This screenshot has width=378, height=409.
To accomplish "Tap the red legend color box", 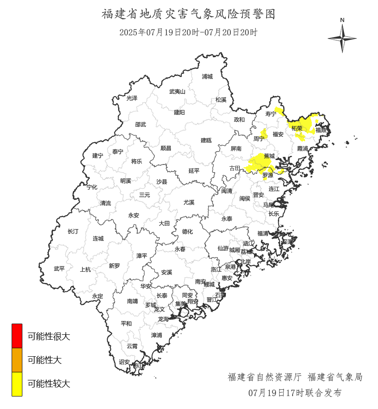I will [17, 336].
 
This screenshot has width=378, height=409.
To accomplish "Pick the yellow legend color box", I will [17, 384].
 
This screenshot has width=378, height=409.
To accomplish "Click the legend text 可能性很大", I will [49, 336].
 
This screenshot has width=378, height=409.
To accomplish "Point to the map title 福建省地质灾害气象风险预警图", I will [188, 14].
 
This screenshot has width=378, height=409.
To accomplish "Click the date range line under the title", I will [188, 32].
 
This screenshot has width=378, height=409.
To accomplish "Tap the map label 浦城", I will [207, 76].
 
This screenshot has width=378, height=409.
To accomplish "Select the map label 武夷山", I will [177, 91].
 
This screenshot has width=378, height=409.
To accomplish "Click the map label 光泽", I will [132, 98].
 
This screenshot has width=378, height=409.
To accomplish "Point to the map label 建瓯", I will [206, 140].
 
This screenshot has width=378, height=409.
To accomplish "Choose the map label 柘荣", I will [297, 128].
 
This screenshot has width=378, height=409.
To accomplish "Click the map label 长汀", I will [72, 232].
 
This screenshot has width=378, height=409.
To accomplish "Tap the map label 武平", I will [59, 269].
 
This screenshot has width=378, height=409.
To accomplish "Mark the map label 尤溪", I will [189, 202].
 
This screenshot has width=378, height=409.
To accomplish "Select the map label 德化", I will [187, 232].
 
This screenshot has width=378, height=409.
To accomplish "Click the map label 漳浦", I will [157, 335].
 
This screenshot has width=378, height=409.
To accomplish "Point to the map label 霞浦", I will [302, 148].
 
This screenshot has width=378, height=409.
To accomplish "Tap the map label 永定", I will [98, 296].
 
